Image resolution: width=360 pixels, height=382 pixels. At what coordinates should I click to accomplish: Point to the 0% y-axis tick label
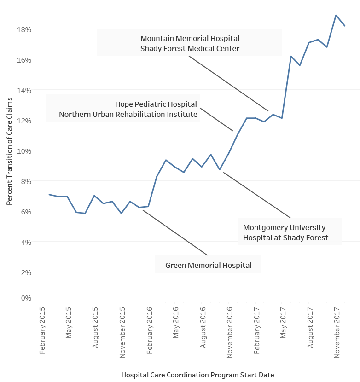point(26,298)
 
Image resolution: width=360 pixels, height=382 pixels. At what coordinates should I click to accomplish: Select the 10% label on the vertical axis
point(24,151)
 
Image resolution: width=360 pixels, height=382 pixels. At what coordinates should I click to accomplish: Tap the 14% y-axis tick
point(24,90)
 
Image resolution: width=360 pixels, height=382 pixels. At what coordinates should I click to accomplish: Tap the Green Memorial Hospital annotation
point(208,265)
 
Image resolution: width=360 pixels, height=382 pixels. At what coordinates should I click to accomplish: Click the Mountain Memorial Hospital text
point(190,39)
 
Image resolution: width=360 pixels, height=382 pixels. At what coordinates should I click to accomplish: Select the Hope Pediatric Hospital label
point(156,104)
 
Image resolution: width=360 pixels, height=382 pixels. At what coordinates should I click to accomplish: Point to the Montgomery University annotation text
point(284,228)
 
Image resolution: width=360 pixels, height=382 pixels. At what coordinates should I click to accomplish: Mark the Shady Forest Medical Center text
point(190,48)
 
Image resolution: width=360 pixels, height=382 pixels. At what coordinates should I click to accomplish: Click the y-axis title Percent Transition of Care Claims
point(9,151)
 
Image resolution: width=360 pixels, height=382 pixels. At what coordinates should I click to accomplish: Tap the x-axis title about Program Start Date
point(197,375)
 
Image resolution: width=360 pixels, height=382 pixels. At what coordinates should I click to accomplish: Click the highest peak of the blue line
point(336,15)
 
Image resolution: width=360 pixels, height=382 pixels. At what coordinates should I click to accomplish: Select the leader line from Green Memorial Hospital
point(175,233)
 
